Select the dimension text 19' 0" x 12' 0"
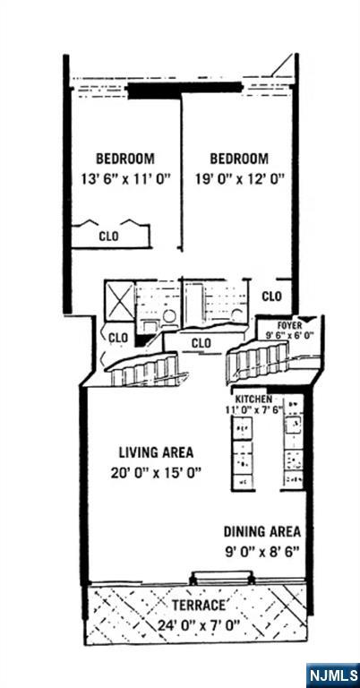(239, 178)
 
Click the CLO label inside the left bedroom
(108, 236)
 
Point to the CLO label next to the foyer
(271, 296)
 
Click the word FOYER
(289, 325)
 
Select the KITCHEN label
(254, 399)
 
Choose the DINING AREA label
(261, 531)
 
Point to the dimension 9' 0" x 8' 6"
(261, 551)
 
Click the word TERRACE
(199, 606)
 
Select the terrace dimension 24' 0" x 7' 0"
(199, 624)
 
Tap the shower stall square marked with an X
(118, 297)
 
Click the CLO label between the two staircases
(201, 342)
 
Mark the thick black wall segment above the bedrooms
(184, 89)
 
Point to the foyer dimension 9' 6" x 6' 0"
(289, 335)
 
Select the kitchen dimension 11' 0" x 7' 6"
(254, 409)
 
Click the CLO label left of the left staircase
(117, 337)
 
